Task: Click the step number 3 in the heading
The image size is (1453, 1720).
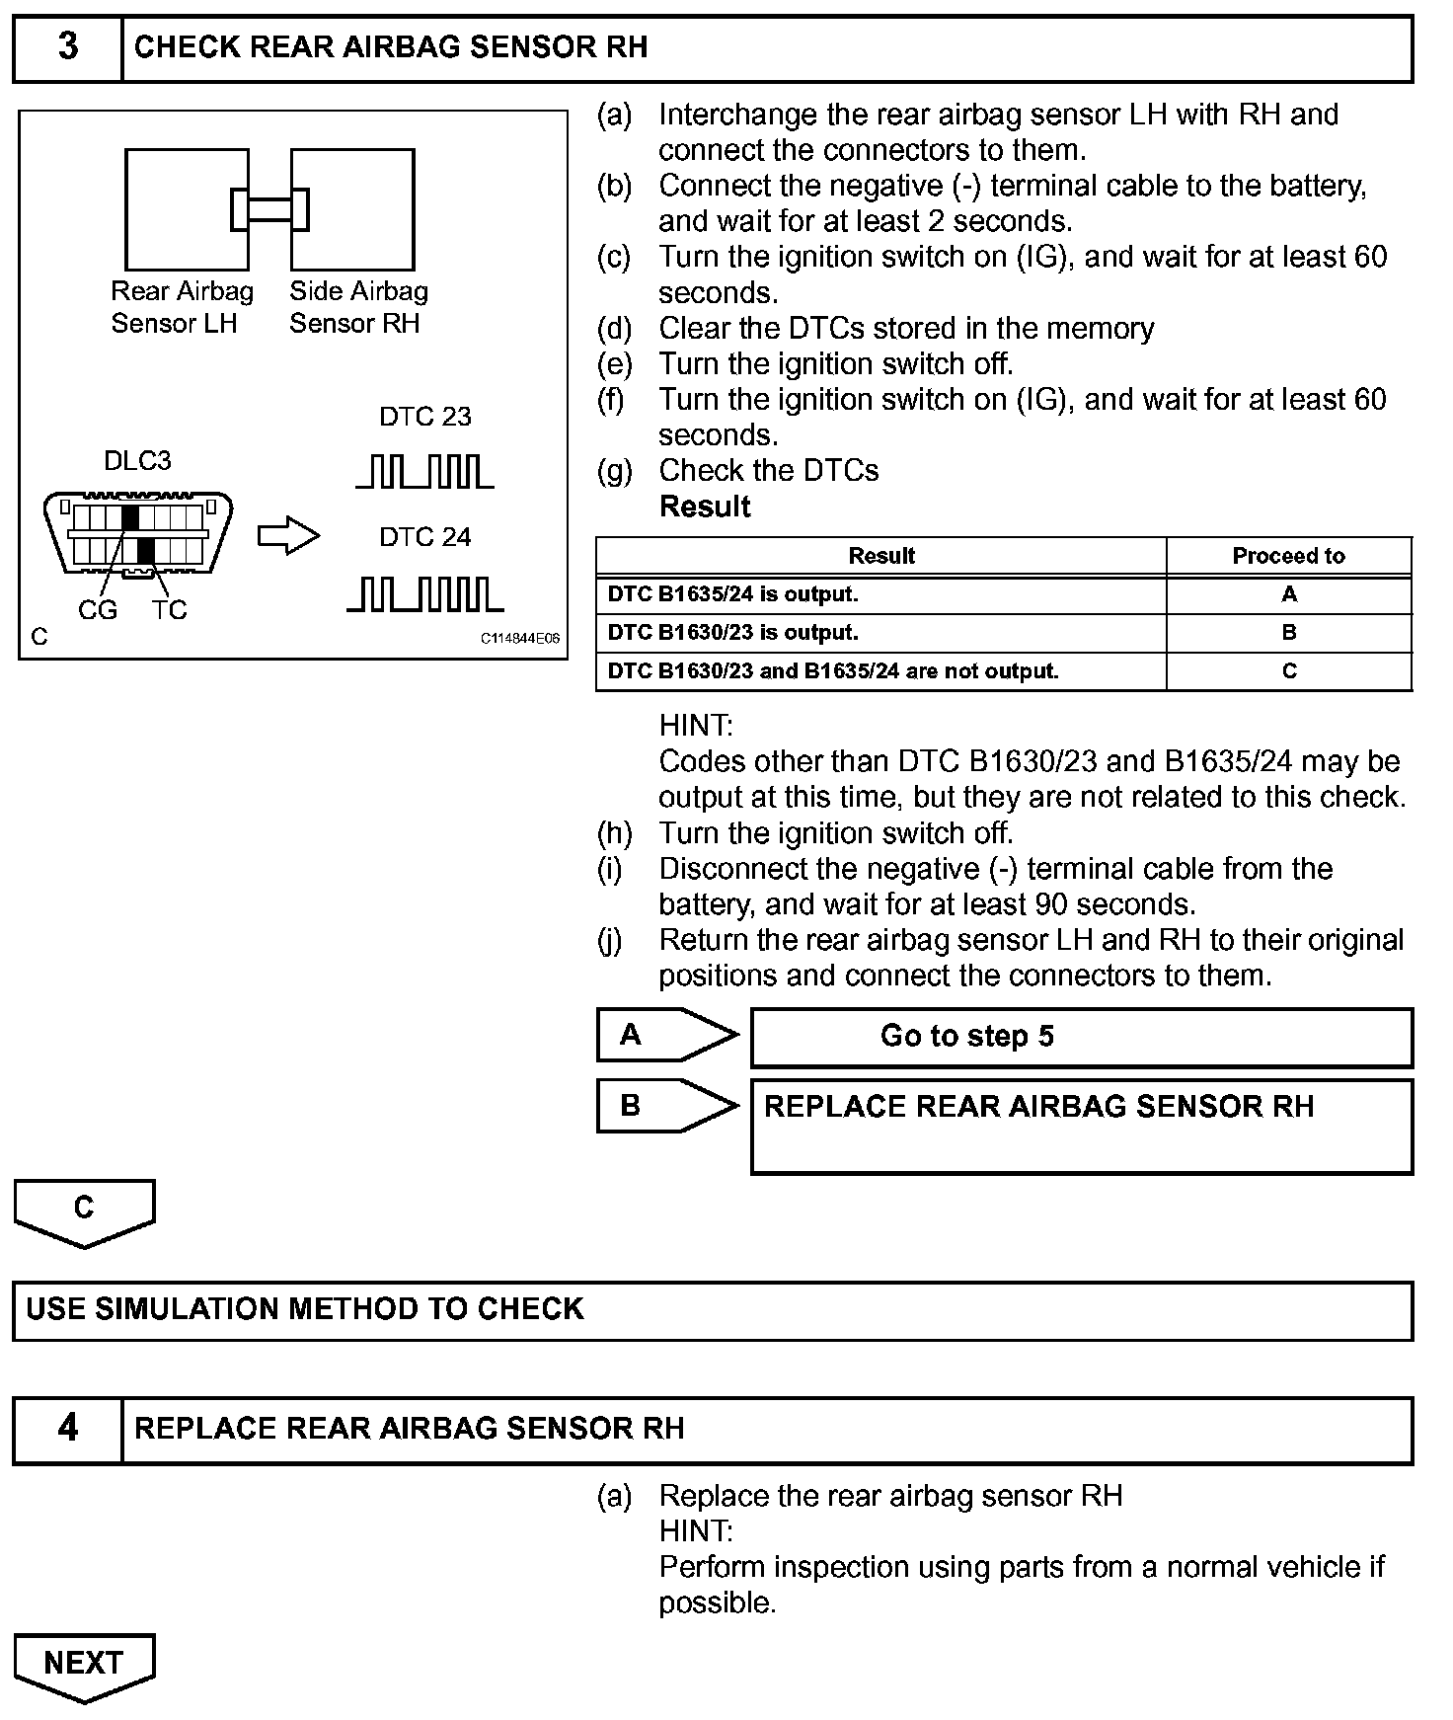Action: [67, 46]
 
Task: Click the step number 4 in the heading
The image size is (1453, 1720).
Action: [67, 1428]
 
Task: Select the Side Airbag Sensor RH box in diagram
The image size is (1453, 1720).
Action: [353, 209]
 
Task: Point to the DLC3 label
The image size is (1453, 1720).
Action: [137, 461]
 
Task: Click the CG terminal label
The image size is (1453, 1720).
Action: [97, 610]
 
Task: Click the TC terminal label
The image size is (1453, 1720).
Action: [170, 610]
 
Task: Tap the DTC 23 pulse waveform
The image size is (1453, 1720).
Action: [424, 472]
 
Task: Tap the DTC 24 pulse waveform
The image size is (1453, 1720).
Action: [424, 594]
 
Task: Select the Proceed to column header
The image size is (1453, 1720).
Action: [1288, 556]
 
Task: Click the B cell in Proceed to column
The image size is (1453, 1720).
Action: [1288, 633]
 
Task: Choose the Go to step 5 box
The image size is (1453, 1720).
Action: [1081, 1037]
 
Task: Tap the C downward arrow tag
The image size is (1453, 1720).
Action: [84, 1211]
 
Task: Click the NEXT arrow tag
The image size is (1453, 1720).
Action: [84, 1665]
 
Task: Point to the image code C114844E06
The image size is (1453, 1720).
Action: [519, 639]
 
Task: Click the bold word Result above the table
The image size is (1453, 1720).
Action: [705, 507]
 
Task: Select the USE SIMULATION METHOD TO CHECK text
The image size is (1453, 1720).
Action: [304, 1309]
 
